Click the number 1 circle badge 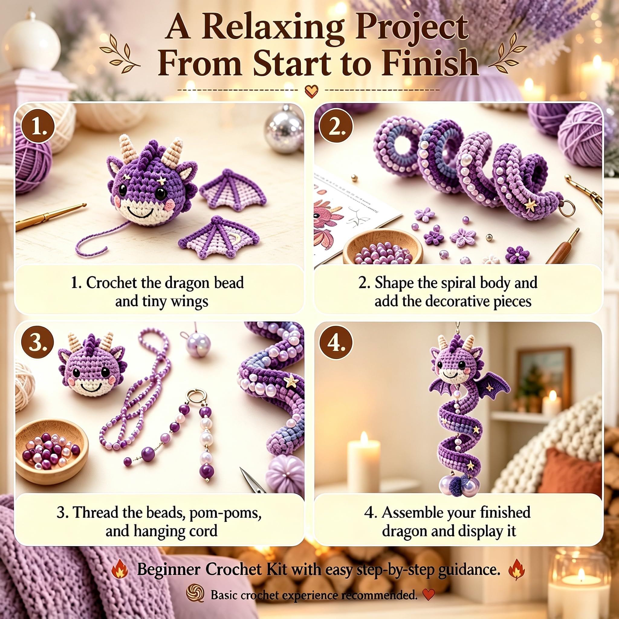click(x=38, y=131)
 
